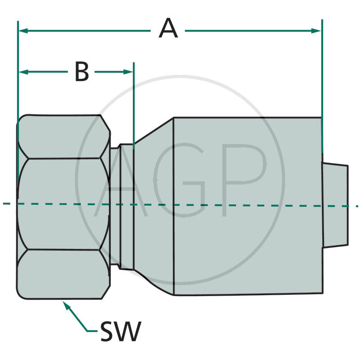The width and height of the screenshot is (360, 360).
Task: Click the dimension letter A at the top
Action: coord(168,30)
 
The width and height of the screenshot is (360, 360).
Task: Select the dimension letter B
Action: coord(81,72)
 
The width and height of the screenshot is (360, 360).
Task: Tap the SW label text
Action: coord(120,332)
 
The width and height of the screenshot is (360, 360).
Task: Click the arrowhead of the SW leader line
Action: coord(66,305)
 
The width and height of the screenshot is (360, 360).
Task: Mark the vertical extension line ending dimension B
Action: coord(134,103)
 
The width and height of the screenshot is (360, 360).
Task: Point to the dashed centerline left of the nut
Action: coord(8,204)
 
